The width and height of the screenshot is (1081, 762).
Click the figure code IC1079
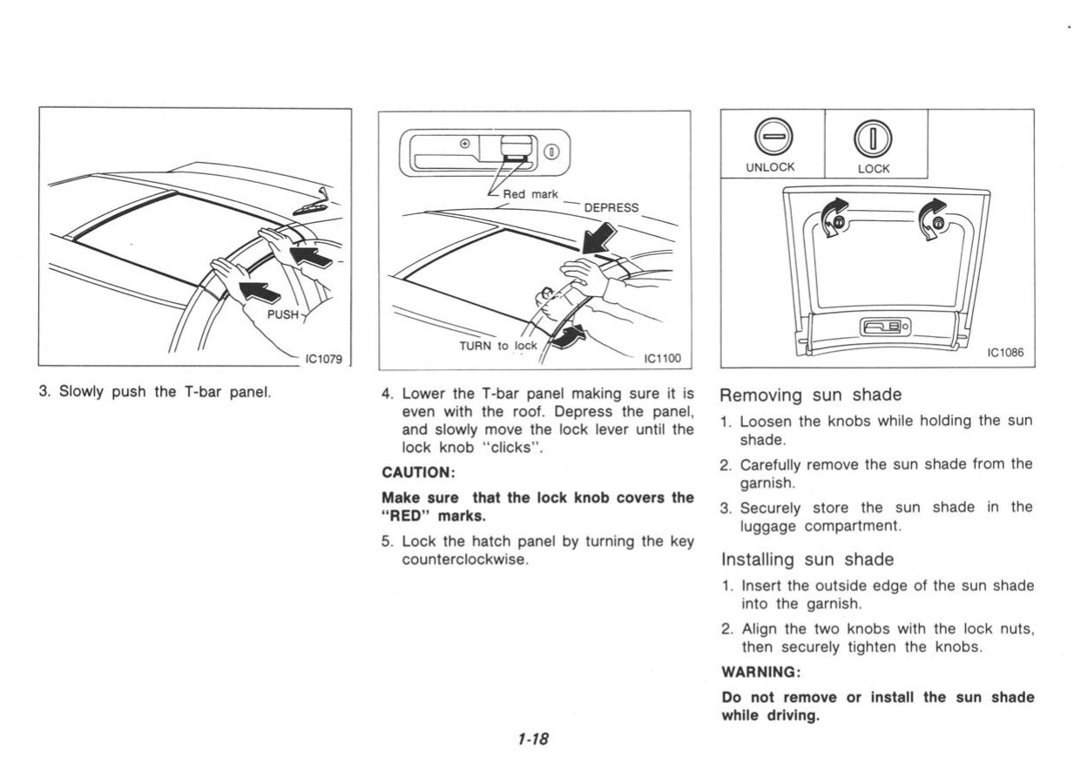coord(323,356)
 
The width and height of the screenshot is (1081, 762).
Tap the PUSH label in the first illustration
coord(283,314)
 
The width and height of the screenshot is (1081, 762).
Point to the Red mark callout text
coord(531,193)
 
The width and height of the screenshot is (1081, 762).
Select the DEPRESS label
coord(611,207)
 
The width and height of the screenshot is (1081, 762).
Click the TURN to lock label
coord(498,345)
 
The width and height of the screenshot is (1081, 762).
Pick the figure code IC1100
coord(661,357)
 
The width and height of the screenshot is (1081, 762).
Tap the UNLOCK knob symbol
coord(771,137)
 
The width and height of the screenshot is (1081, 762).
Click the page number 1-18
coord(531,738)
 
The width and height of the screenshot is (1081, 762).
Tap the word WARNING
coord(759,673)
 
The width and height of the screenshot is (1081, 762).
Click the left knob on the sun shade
coord(838,223)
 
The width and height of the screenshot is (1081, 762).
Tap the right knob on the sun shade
coord(937,223)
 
